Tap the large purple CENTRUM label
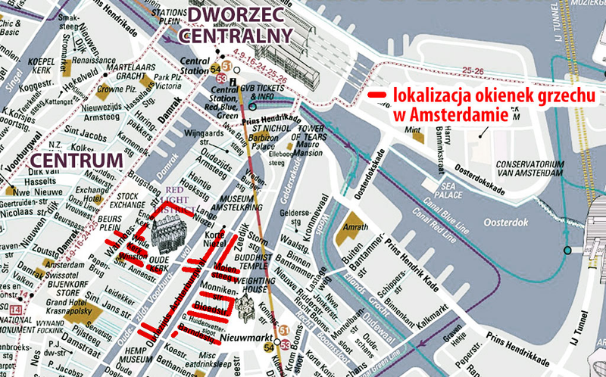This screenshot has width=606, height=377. tap(73, 160)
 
